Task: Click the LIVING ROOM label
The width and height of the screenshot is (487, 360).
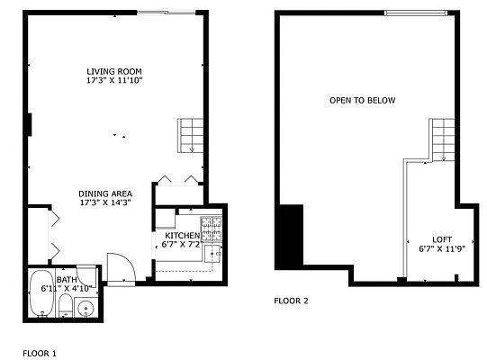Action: tap(114, 71)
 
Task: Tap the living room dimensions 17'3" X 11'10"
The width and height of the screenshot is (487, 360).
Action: tap(114, 81)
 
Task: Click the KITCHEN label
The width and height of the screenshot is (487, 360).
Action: tap(182, 235)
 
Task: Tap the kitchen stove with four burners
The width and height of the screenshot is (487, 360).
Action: tap(212, 224)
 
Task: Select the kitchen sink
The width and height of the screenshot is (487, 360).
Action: tap(214, 253)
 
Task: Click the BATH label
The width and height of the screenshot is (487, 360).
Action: tap(67, 280)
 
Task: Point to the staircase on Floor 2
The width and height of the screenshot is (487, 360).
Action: tap(444, 139)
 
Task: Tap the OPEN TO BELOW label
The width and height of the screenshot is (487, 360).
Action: tap(362, 100)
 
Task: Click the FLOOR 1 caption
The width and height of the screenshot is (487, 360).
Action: tap(39, 354)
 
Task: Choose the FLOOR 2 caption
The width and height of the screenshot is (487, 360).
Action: tap(291, 301)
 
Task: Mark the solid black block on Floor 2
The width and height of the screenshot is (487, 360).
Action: tap(291, 236)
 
